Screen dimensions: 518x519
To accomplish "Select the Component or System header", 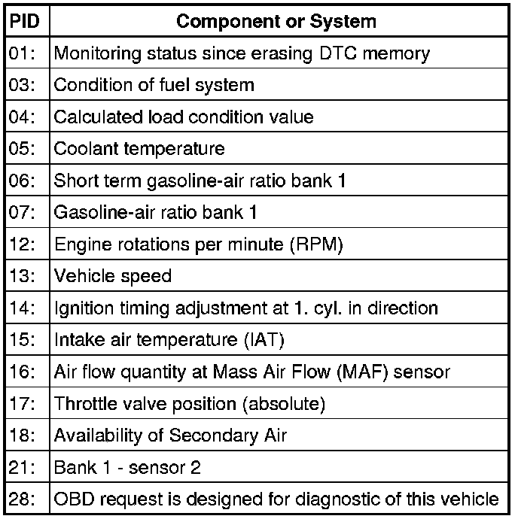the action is pos(276,21).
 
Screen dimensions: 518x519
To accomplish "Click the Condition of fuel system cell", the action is pos(154,85).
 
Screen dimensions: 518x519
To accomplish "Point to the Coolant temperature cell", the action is pos(139,148).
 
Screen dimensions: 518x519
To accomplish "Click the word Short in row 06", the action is pos(72,181).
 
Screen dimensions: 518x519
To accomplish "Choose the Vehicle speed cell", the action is pos(113,276).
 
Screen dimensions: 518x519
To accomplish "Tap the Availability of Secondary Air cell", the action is pos(170,435).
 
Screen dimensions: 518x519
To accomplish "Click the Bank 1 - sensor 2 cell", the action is pos(127,467).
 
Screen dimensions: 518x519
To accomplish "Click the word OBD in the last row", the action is pos(72,499).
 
